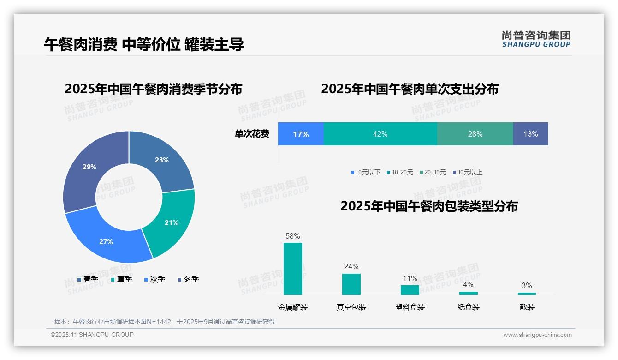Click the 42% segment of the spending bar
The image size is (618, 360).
coord(380,134)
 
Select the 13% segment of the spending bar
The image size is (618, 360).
coord(530,134)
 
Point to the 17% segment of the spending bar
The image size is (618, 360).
coord(301,134)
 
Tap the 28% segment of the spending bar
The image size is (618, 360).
coord(475,134)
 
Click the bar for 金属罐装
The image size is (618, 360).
coord(293,269)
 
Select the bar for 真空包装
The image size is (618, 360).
coord(351,284)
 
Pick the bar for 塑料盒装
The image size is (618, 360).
coord(410,290)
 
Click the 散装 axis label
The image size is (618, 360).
coord(527,307)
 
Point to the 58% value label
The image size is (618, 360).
coord(293,236)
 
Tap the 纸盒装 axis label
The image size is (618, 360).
coord(469,307)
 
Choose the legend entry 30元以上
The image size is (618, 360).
coord(469,172)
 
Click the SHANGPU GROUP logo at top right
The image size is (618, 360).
coord(536,39)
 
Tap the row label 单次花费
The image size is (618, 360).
coord(252,134)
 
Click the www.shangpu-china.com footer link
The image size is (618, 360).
coord(537,335)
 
